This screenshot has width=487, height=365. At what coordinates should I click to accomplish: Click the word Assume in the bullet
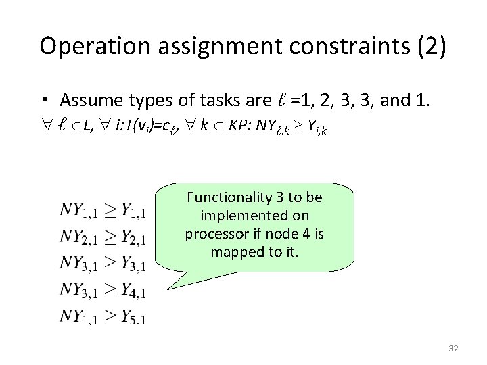86,101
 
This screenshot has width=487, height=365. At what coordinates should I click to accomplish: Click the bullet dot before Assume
43,101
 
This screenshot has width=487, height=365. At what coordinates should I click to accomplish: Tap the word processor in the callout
214,234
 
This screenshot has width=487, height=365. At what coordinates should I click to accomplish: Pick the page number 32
453,348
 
